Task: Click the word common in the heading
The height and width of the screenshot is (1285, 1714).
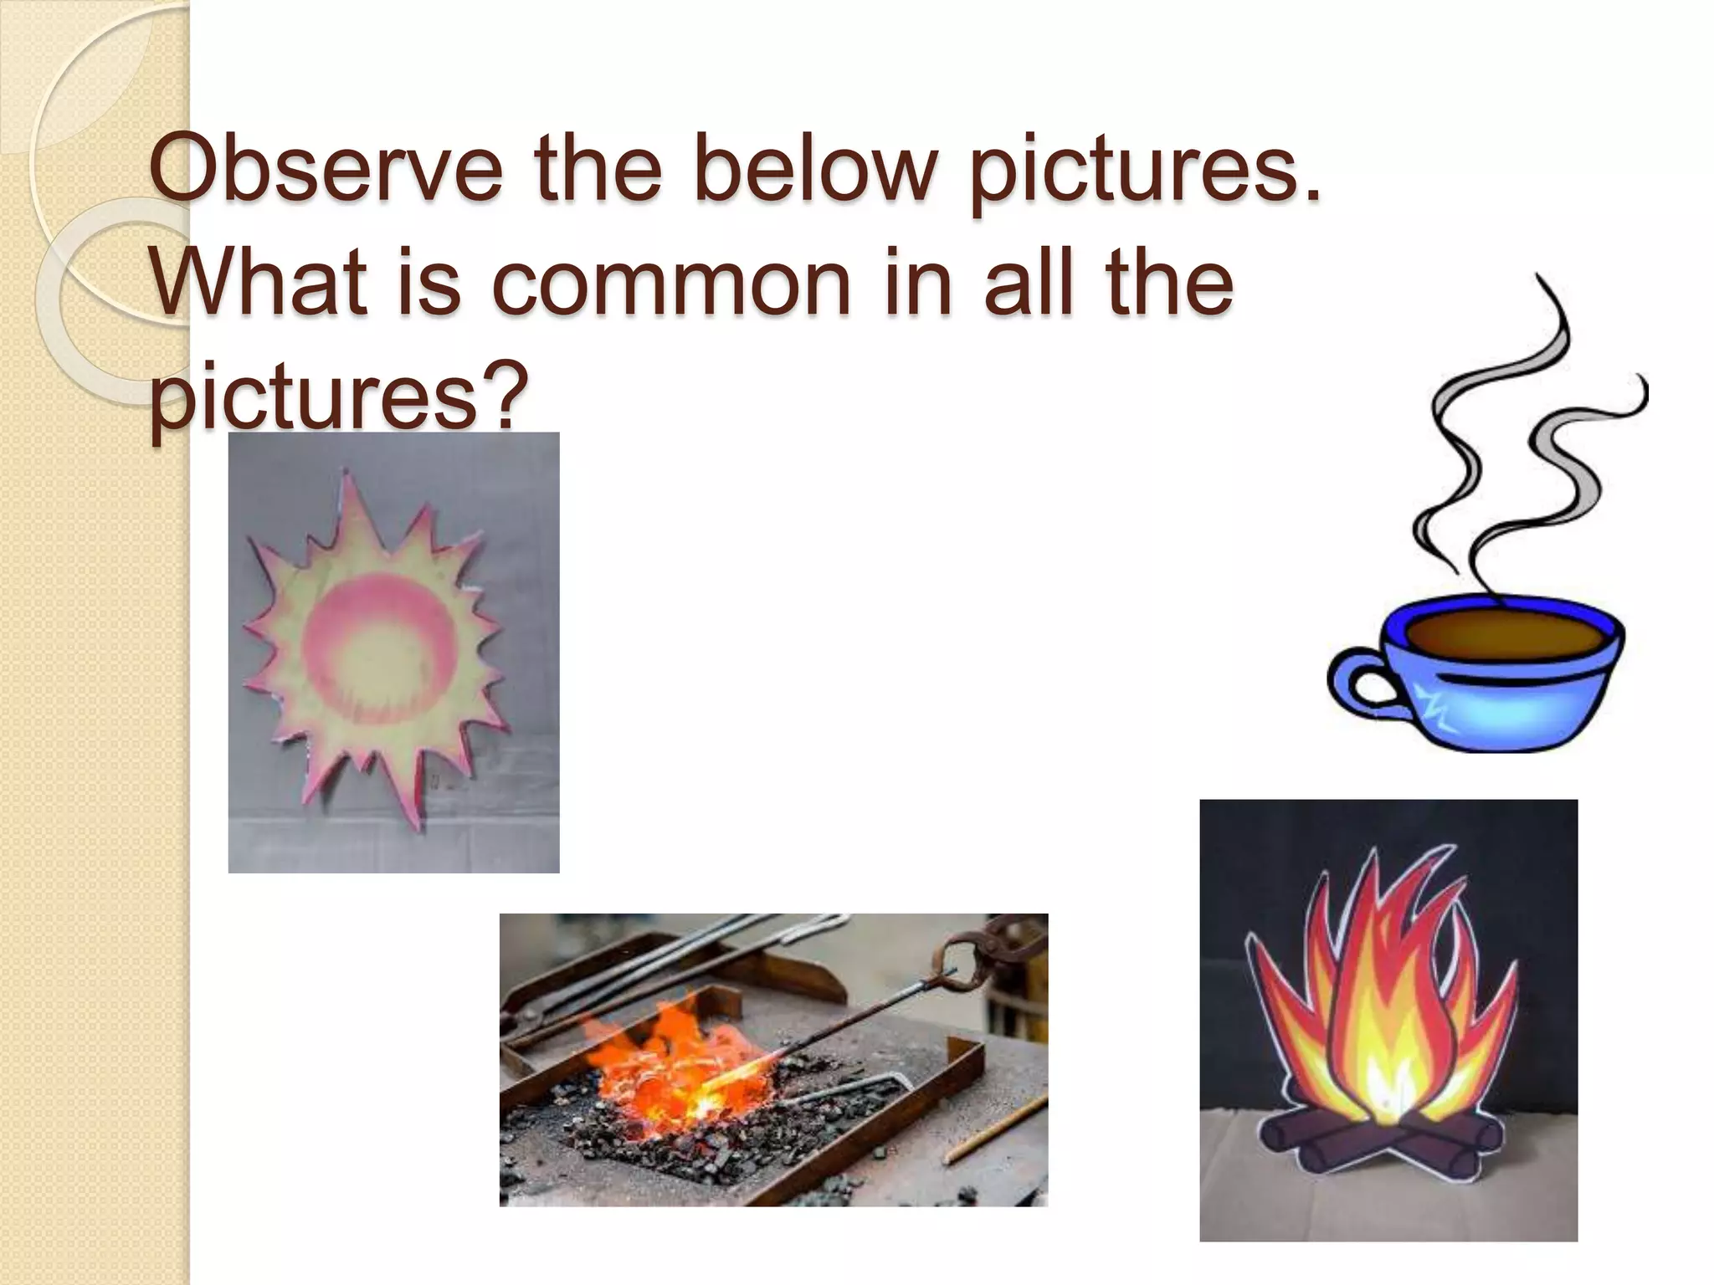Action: (670, 284)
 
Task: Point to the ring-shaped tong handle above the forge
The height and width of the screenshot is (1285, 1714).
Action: (962, 962)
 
